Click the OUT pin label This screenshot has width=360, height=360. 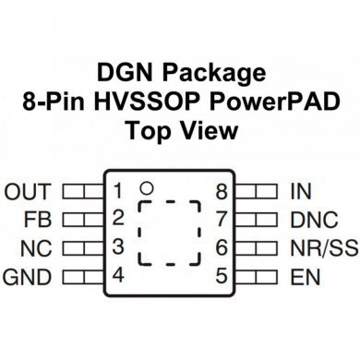[x=28, y=192]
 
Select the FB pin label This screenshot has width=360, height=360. [x=40, y=220]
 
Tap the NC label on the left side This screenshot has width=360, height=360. [x=38, y=247]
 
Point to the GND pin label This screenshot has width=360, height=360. [x=28, y=275]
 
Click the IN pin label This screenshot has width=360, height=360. [x=299, y=192]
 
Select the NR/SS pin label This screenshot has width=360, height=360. [x=322, y=247]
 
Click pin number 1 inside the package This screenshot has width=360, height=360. [x=118, y=192]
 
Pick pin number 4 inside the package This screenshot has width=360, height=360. [x=118, y=275]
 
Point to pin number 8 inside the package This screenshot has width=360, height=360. [x=222, y=192]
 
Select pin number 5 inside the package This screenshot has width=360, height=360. [x=222, y=275]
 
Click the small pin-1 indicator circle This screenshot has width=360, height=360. [x=145, y=189]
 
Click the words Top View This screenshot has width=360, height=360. [x=180, y=130]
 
